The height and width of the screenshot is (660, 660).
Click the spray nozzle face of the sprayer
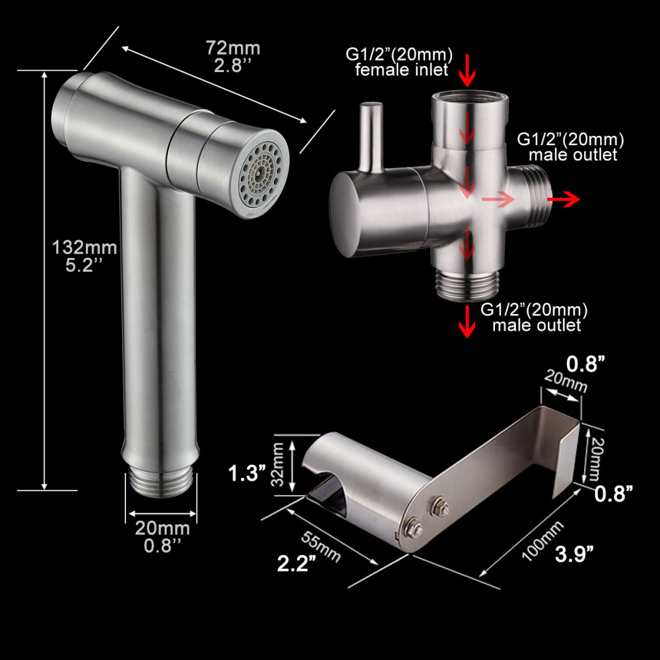tap(265, 174)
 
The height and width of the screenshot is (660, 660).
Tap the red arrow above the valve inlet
tap(467, 71)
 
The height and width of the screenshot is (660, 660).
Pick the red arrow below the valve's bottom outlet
tap(467, 321)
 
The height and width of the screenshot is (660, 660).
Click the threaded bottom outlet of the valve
tap(467, 284)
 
